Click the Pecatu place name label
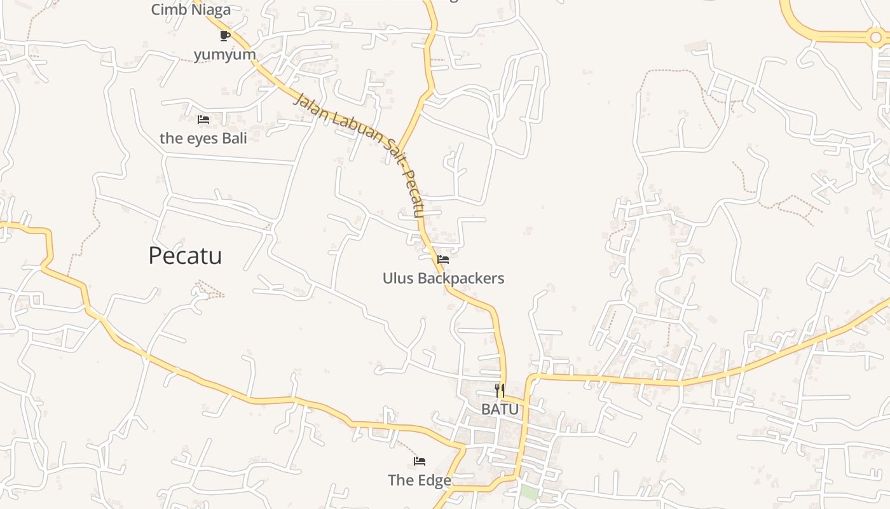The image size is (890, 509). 185,256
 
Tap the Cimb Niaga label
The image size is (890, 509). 191,10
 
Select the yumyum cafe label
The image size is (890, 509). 225,55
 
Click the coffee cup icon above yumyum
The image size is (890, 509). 224,35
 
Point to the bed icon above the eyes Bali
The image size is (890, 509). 203,119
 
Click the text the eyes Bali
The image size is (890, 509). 203,138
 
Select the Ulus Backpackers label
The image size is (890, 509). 443,278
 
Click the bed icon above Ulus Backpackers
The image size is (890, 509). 443,259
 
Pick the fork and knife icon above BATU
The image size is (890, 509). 500,390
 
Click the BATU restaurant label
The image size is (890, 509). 500,409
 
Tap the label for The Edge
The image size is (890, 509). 420,480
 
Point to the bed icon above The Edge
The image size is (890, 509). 420,461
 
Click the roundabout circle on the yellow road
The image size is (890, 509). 876,38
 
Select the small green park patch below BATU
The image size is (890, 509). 528,492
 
